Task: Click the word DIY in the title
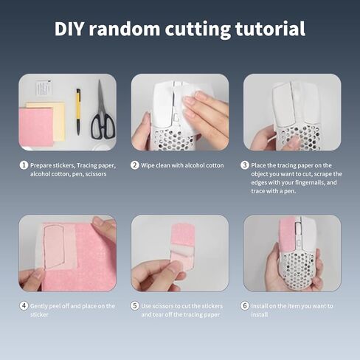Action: pos(69,29)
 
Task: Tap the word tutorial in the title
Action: pos(270,29)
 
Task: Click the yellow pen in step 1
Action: pos(78,111)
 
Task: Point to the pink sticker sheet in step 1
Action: pos(36,127)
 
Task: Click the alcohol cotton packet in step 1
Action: pos(44,88)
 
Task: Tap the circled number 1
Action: pos(24,165)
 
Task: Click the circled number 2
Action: pos(134,165)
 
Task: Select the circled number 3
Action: pos(245,165)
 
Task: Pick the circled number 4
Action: pos(24,306)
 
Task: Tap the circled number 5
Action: pos(134,306)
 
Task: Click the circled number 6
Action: pos(245,306)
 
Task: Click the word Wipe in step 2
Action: pos(148,165)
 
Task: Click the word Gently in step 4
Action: pos(39,306)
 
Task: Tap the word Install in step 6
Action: pos(259,306)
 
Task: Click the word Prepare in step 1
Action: pos(41,166)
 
